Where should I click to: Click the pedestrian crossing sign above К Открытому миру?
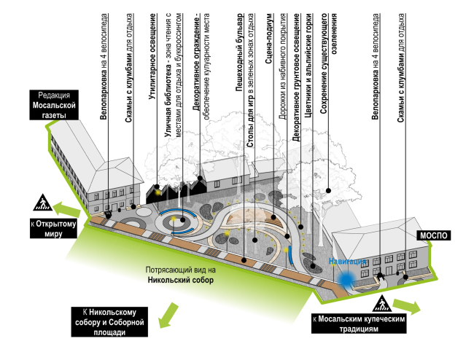click(41, 202)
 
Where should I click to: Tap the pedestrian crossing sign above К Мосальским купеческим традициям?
click(381, 304)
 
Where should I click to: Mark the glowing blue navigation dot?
click(346, 276)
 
